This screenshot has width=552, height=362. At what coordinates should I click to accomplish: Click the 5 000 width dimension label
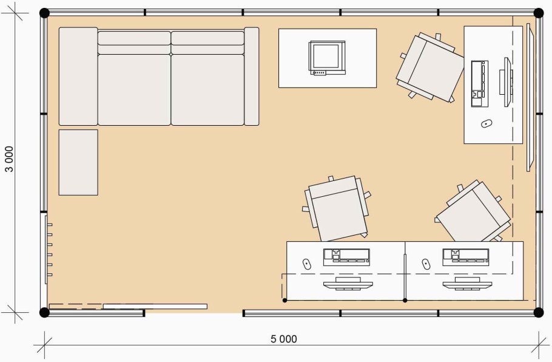[x=284, y=339]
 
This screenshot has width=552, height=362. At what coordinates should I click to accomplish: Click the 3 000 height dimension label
[x=9, y=159]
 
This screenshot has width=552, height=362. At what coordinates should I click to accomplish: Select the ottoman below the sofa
[x=78, y=163]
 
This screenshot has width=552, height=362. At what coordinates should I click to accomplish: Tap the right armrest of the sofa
[x=252, y=77]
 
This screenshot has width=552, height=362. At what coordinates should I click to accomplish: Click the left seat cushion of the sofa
[x=134, y=89]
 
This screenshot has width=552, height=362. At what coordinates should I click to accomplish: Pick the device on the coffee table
[x=327, y=58]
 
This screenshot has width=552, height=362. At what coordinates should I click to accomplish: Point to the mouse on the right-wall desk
[x=486, y=124]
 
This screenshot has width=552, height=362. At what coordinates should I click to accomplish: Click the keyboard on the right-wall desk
[x=480, y=84]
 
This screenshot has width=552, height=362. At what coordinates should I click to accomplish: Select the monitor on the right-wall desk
[x=506, y=82]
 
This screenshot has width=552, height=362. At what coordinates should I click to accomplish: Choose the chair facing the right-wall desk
[x=429, y=67]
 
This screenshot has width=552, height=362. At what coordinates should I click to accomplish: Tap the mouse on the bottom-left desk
[x=306, y=264]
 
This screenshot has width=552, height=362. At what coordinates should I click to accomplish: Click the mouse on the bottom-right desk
[x=426, y=264]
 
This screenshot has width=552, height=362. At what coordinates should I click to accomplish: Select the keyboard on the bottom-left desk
[x=346, y=258]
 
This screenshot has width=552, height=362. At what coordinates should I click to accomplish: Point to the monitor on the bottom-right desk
[x=467, y=284]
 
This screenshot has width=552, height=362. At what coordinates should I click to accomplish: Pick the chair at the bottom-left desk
[x=336, y=209]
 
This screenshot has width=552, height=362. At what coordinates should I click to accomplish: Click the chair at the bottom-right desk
[x=473, y=213]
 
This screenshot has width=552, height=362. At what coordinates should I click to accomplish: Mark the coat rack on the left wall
[x=49, y=250]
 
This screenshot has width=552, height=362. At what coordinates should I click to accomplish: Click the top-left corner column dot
[x=44, y=13]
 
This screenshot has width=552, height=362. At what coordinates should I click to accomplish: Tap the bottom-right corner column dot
[x=539, y=312]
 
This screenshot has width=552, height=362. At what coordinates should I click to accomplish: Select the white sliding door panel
[x=155, y=306]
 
